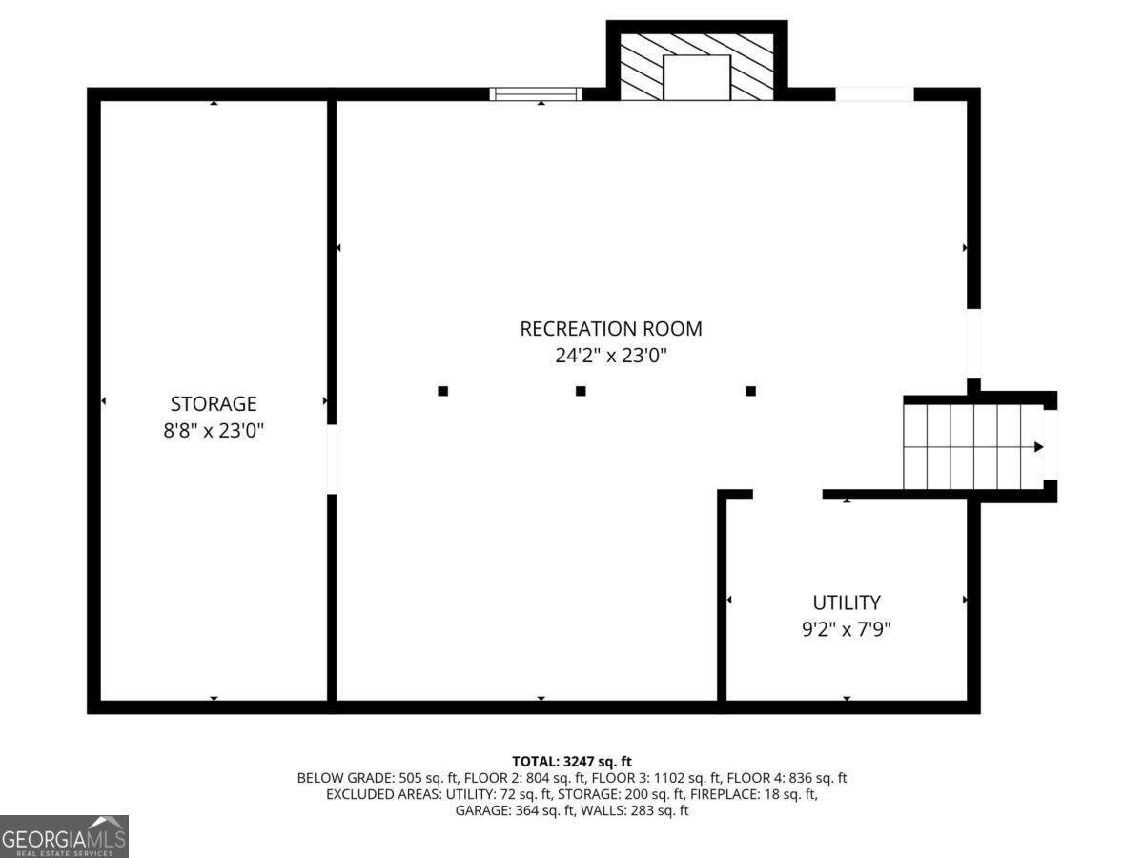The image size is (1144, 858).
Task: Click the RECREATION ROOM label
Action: pos(610,329)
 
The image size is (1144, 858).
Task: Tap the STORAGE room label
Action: pos(214,403)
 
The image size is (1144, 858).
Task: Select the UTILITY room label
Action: pos(847,603)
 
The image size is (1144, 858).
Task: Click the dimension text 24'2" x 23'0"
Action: pos(610,357)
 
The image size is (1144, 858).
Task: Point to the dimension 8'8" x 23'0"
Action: pos(214,431)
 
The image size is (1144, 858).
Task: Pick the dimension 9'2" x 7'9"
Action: pos(847,629)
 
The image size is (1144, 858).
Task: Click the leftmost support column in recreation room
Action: pos(442,391)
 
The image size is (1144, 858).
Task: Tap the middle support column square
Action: pos(581,391)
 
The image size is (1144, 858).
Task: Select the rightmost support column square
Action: pos(751,391)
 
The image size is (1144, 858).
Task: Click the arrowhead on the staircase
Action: pos(1039,446)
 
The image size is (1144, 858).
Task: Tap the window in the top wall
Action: pos(536,93)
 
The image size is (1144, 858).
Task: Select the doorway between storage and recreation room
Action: pos(332,459)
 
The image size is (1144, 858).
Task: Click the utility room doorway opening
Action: pos(787,494)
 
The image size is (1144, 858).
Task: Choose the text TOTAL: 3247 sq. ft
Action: pos(572,761)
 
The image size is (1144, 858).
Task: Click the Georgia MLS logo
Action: pos(64,836)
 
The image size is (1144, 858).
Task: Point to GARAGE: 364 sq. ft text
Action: pos(510,810)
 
